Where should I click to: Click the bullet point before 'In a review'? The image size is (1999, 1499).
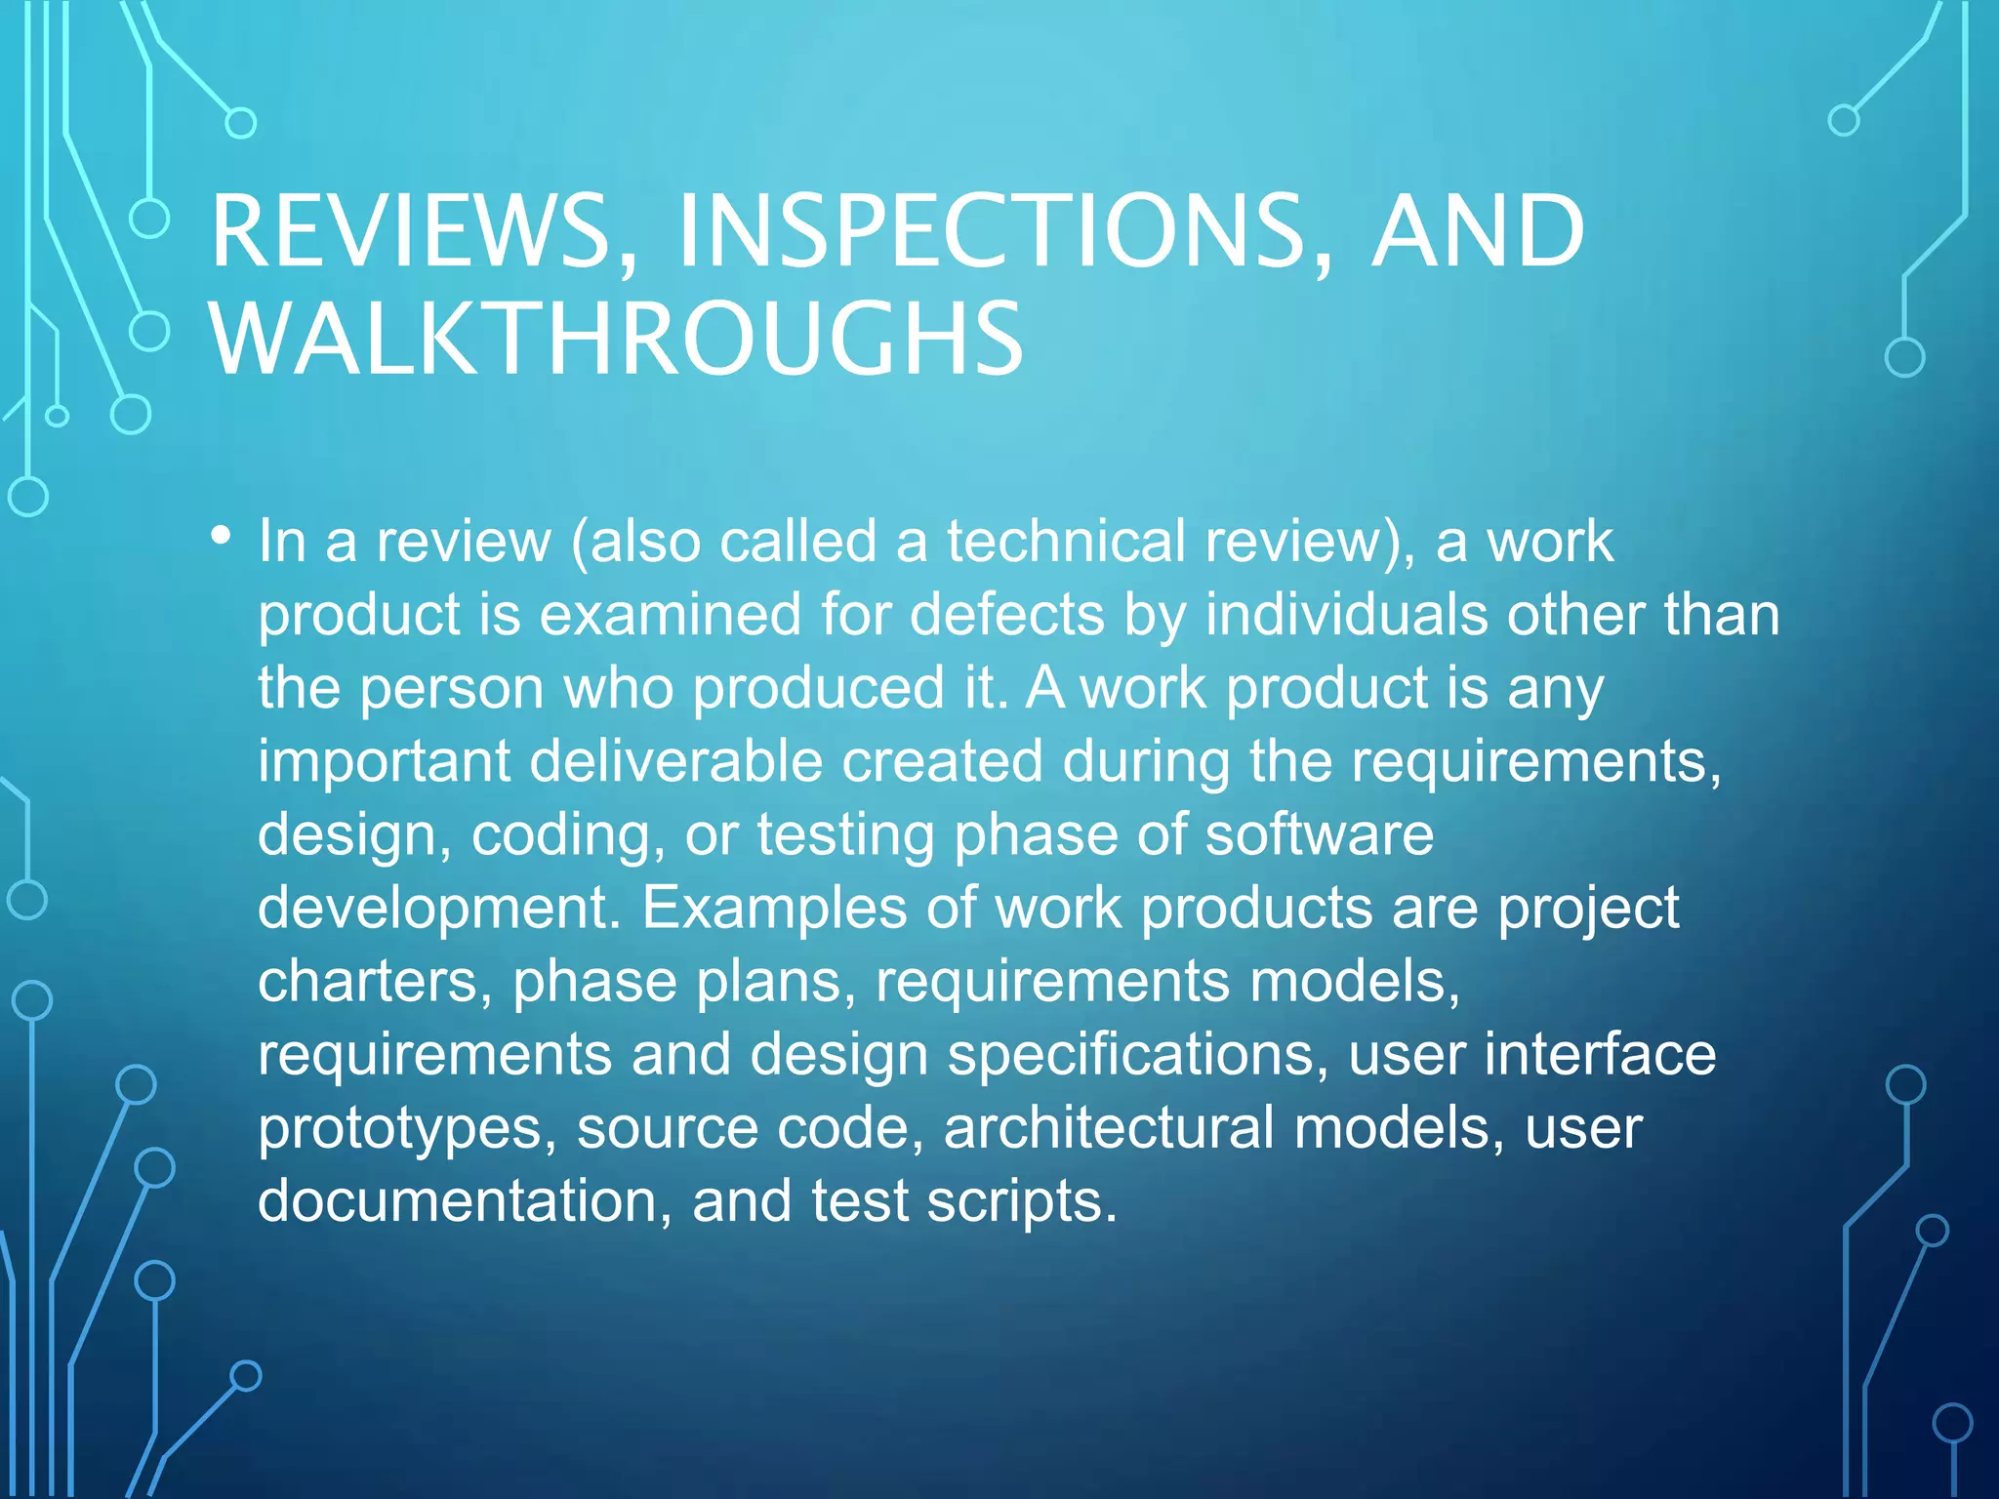(222, 536)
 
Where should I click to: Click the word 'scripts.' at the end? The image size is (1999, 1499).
(1020, 1201)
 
